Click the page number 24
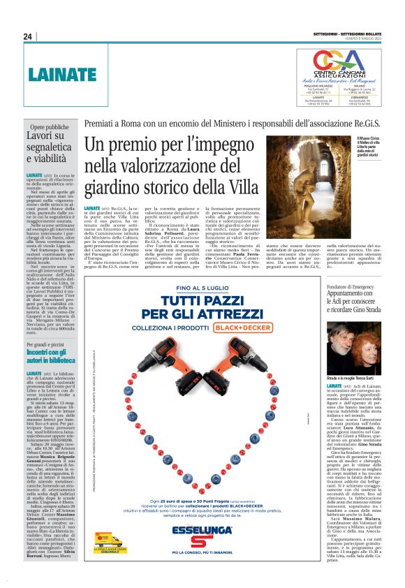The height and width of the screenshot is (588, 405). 28,36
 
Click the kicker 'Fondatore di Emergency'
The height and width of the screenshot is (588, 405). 353,287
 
